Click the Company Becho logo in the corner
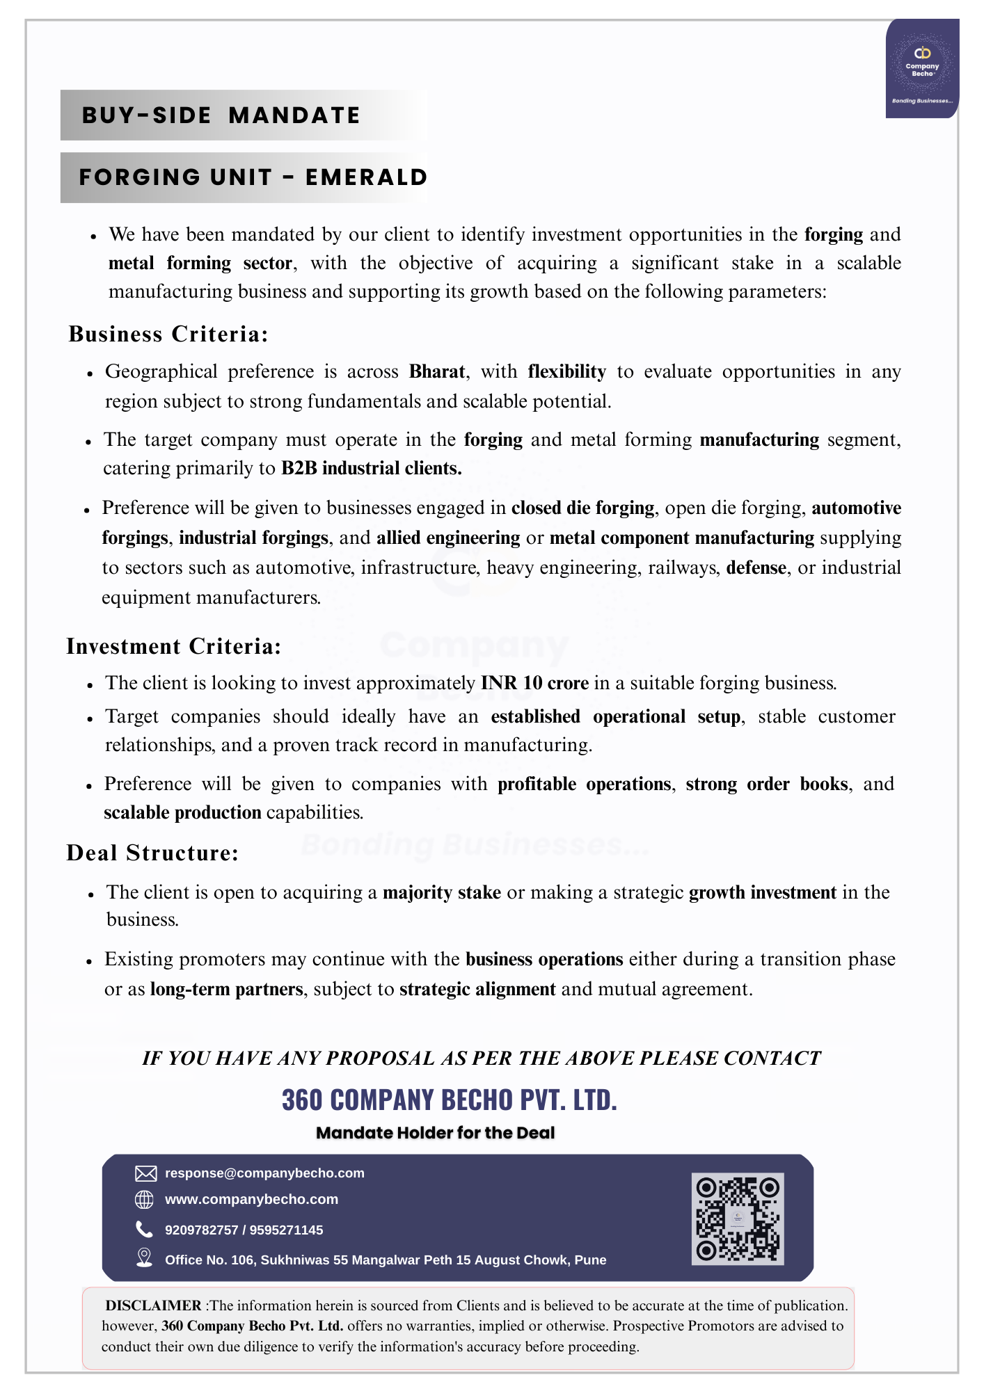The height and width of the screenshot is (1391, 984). (922, 68)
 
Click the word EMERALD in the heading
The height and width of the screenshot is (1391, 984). (366, 177)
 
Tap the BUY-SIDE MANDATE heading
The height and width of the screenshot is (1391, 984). (221, 115)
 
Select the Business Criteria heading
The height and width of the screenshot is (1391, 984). (168, 335)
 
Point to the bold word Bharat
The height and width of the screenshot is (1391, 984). (436, 371)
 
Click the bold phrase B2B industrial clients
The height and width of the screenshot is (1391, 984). (371, 468)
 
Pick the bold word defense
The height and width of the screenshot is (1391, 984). (756, 568)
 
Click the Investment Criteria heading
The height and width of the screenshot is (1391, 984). (174, 647)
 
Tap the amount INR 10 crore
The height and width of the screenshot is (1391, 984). (534, 683)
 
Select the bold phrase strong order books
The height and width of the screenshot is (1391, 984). (767, 784)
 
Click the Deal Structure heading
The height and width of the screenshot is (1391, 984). (152, 853)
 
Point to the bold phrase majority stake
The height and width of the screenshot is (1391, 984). (442, 892)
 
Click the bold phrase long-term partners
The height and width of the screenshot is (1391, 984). (226, 989)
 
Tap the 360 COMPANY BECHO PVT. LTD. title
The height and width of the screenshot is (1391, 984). (450, 1100)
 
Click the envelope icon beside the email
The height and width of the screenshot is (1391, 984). (145, 1173)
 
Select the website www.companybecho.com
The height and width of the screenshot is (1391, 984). (251, 1199)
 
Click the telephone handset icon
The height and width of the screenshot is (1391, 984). (144, 1229)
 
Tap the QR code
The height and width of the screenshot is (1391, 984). (738, 1219)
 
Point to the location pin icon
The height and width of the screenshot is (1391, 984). (144, 1257)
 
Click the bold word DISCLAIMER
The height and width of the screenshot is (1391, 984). (153, 1305)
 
